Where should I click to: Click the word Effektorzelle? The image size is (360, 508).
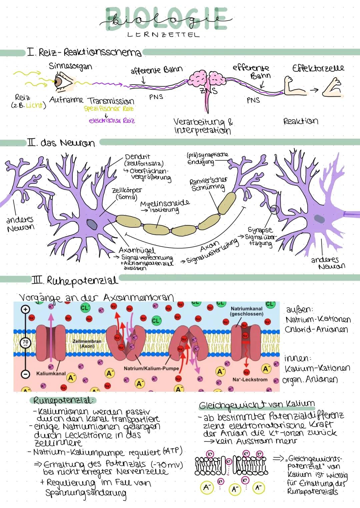tap(318, 68)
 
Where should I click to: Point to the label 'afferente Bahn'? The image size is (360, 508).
tap(156, 70)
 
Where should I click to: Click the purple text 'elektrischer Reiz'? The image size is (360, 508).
tap(112, 121)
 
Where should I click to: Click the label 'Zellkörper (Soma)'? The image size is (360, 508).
tap(126, 194)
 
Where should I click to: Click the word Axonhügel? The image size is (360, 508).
tap(137, 250)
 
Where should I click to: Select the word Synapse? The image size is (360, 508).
tap(260, 230)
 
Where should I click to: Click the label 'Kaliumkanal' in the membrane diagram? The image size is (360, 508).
tap(51, 373)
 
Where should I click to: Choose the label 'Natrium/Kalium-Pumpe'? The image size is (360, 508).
tap(151, 369)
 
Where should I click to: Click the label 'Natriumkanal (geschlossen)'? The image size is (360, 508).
tap(247, 311)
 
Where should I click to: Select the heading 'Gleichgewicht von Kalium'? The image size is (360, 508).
tap(257, 405)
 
